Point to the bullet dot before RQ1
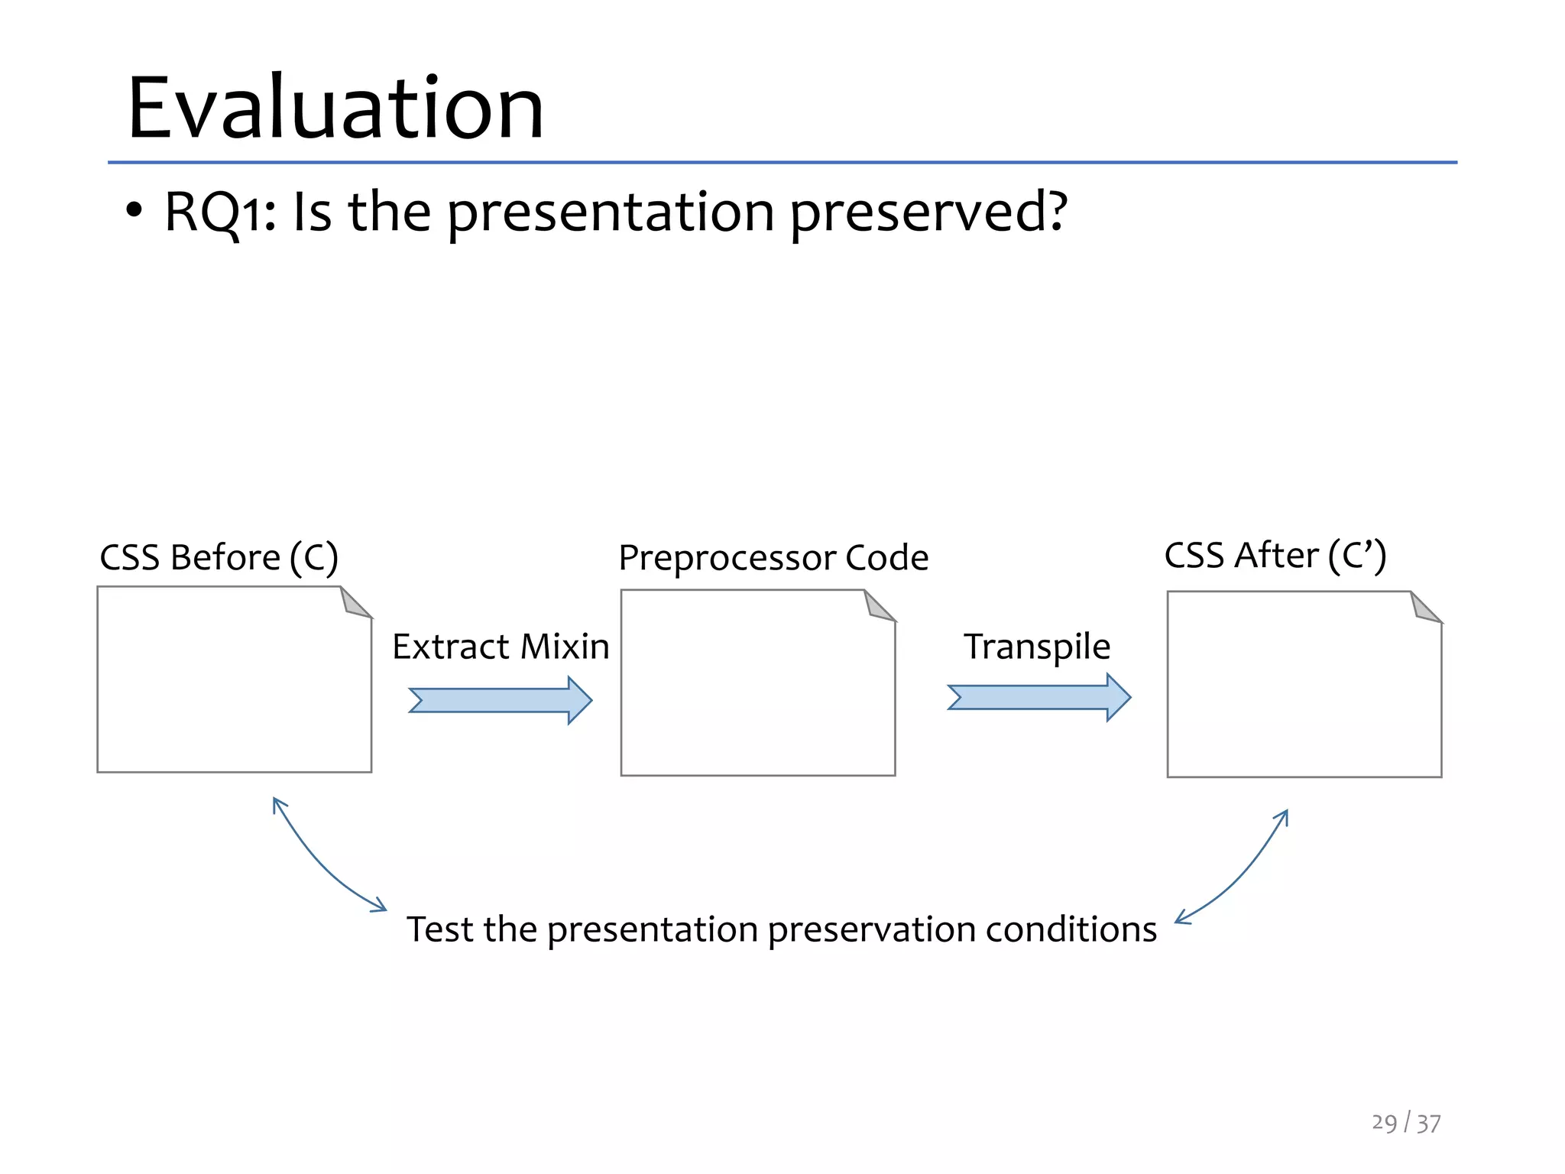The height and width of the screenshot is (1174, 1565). pyautogui.click(x=134, y=211)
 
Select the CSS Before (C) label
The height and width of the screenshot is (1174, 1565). pyautogui.click(x=219, y=557)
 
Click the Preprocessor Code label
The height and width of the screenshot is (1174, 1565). pyautogui.click(x=773, y=558)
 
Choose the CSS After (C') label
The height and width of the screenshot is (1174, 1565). pyautogui.click(x=1275, y=556)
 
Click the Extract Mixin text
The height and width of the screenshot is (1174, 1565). pyautogui.click(x=501, y=647)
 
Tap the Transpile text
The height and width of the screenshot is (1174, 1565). pyautogui.click(x=1036, y=647)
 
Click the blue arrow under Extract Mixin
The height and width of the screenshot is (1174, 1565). pyautogui.click(x=501, y=700)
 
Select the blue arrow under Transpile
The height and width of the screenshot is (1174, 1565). pyautogui.click(x=1038, y=697)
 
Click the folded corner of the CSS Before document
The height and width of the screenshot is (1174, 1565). pyautogui.click(x=355, y=603)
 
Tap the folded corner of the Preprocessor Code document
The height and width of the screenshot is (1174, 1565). pyautogui.click(x=878, y=606)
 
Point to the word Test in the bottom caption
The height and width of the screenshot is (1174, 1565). pyautogui.click(x=439, y=929)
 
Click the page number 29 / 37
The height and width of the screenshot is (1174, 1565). pyautogui.click(x=1405, y=1123)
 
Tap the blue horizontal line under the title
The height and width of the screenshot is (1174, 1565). pyautogui.click(x=782, y=162)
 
